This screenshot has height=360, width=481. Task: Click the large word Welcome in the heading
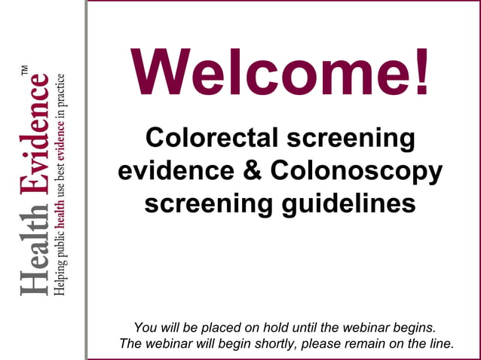coord(268,72)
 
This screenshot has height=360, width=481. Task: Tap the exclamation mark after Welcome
coord(421,72)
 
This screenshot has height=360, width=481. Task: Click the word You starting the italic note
coord(146,328)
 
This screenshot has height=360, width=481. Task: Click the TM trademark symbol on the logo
coord(25,71)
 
